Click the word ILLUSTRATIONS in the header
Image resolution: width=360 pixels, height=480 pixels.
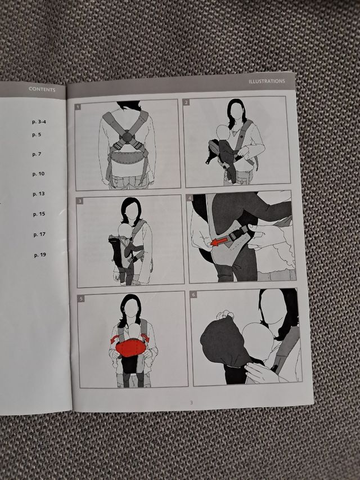click(267, 81)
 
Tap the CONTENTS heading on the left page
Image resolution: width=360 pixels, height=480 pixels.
click(42, 89)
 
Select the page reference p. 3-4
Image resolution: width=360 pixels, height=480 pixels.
click(39, 122)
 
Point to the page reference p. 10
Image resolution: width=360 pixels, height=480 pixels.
click(38, 174)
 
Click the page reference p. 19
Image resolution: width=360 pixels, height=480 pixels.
click(40, 255)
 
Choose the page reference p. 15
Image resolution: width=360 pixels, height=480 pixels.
click(39, 214)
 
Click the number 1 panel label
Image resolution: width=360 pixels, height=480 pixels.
click(78, 106)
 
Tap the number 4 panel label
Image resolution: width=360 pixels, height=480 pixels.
click(190, 198)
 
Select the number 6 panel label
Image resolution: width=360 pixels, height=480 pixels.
click(193, 295)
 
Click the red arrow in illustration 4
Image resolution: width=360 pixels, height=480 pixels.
click(219, 241)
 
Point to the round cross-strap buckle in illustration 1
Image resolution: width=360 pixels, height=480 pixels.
click(127, 136)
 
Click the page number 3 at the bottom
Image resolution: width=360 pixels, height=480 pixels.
click(191, 402)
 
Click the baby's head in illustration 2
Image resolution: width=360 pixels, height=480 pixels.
click(223, 132)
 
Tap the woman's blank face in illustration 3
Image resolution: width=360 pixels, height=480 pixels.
click(132, 212)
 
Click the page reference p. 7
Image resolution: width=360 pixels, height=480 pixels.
click(37, 154)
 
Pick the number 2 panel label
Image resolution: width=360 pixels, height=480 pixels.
click(186, 102)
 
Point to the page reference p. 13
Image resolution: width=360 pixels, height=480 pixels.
click(39, 194)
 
